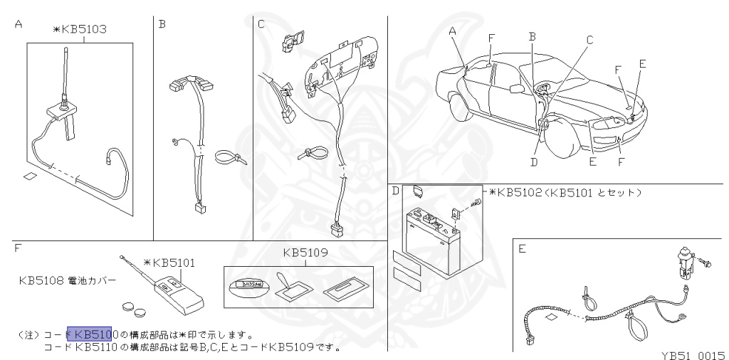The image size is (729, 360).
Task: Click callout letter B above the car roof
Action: click(x=532, y=36)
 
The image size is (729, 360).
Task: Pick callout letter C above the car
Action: click(x=589, y=41)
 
